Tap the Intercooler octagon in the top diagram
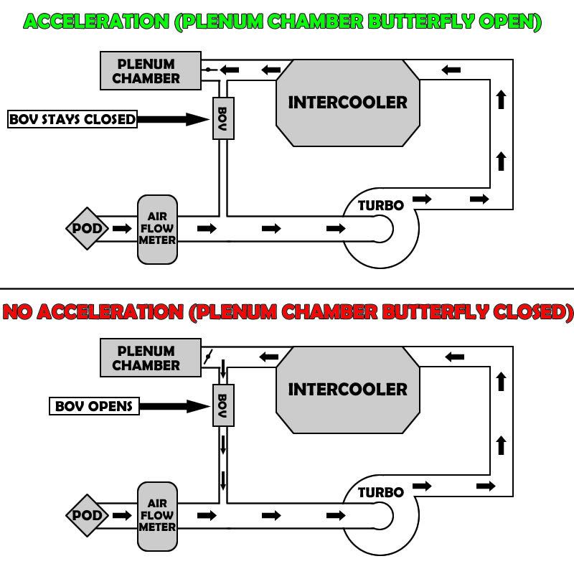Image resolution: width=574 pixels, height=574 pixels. tap(347, 102)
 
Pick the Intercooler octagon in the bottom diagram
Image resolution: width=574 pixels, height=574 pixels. tap(347, 389)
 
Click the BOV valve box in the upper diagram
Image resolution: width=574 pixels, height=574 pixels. tap(222, 117)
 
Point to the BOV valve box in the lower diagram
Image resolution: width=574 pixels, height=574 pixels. tap(222, 404)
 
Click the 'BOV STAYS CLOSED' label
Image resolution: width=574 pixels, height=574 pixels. tap(72, 119)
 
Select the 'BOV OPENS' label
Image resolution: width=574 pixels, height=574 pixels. tap(94, 406)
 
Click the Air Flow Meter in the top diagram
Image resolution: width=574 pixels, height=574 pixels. tap(157, 229)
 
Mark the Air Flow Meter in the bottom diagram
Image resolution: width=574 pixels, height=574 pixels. tap(157, 515)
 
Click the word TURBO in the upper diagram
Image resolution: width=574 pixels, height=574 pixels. tap(381, 205)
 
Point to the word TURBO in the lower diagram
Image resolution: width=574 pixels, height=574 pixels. tap(381, 492)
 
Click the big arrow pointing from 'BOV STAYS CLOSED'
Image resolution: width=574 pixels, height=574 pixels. tap(172, 119)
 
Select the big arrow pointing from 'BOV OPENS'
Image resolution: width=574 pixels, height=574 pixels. tap(172, 406)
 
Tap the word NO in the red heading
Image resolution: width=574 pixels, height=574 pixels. tap(17, 313)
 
